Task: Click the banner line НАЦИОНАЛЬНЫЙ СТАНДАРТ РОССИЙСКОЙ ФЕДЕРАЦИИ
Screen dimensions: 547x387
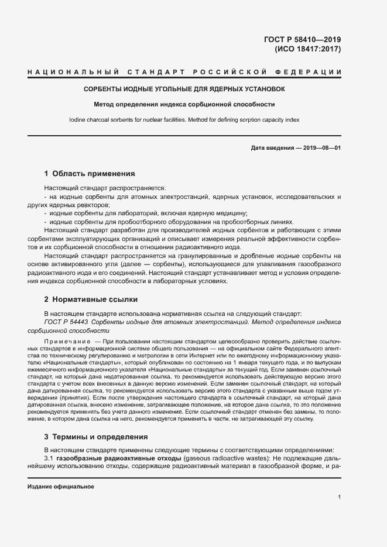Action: tap(184, 72)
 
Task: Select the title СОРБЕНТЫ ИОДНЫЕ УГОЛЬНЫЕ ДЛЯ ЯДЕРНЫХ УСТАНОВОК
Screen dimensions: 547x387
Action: tap(184, 90)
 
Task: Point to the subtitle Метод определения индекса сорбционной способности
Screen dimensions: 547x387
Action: tap(184, 105)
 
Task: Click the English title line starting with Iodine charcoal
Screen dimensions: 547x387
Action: tap(184, 119)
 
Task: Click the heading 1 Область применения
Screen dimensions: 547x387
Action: tap(90, 174)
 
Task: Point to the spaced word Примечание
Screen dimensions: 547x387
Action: tap(67, 340)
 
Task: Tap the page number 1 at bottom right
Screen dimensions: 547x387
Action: tap(339, 498)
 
